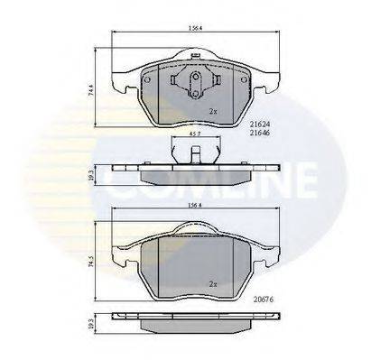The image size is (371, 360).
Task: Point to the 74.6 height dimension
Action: coord(91,90)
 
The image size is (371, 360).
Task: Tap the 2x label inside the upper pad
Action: coord(213,111)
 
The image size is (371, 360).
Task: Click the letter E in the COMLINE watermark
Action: coord(301,180)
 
